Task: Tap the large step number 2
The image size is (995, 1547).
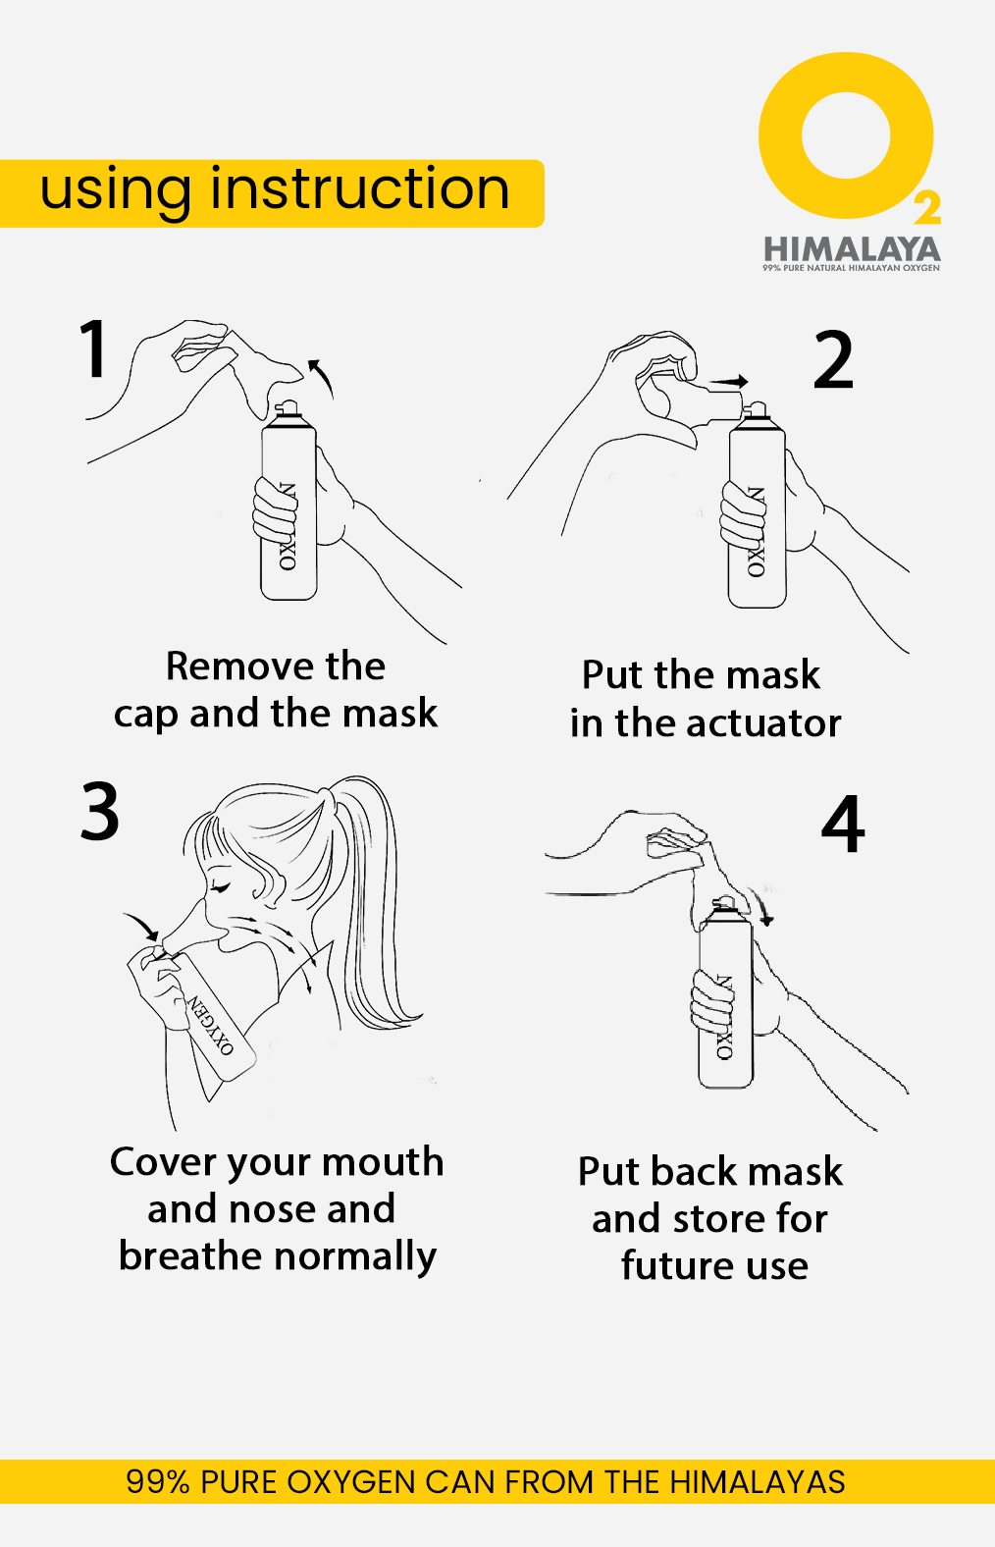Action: tap(833, 359)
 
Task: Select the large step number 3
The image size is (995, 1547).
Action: tap(100, 811)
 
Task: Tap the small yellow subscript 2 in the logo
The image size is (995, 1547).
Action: tap(927, 208)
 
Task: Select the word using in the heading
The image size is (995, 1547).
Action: tap(116, 192)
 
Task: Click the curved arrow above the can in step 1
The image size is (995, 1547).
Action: tap(323, 376)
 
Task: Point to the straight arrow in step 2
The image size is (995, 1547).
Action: tap(728, 381)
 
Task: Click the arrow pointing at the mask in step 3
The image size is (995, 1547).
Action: tap(141, 926)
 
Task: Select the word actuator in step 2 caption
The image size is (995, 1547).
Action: tap(763, 724)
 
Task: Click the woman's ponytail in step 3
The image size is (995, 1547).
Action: tap(377, 898)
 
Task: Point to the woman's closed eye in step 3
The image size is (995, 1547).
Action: tap(220, 887)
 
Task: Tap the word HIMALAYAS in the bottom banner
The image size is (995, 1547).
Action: tap(757, 1482)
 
